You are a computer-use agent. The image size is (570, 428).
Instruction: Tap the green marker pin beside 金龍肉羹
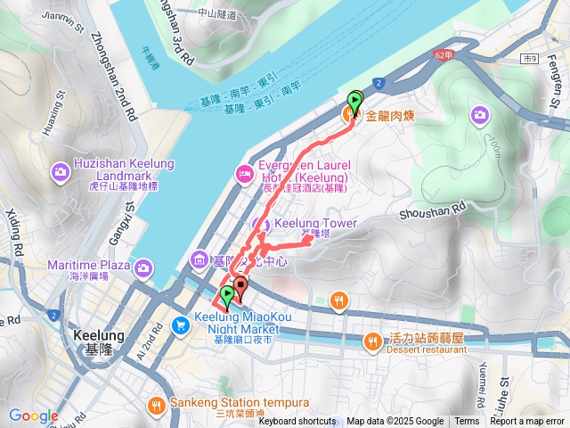[x=356, y=101]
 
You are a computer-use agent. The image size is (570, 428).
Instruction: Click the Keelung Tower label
[x=317, y=224]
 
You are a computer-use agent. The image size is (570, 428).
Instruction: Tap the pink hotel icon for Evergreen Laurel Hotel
[x=244, y=171]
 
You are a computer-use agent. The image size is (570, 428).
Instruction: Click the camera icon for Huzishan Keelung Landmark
[x=60, y=170]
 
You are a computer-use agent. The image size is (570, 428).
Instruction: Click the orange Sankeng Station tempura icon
[x=158, y=404]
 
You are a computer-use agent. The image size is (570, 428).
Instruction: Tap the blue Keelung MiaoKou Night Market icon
[x=181, y=324]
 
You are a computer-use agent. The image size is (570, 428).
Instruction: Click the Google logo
[x=33, y=416]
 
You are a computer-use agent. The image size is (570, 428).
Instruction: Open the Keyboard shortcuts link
[x=297, y=422]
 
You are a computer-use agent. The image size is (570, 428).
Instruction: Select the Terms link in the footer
[x=467, y=422]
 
